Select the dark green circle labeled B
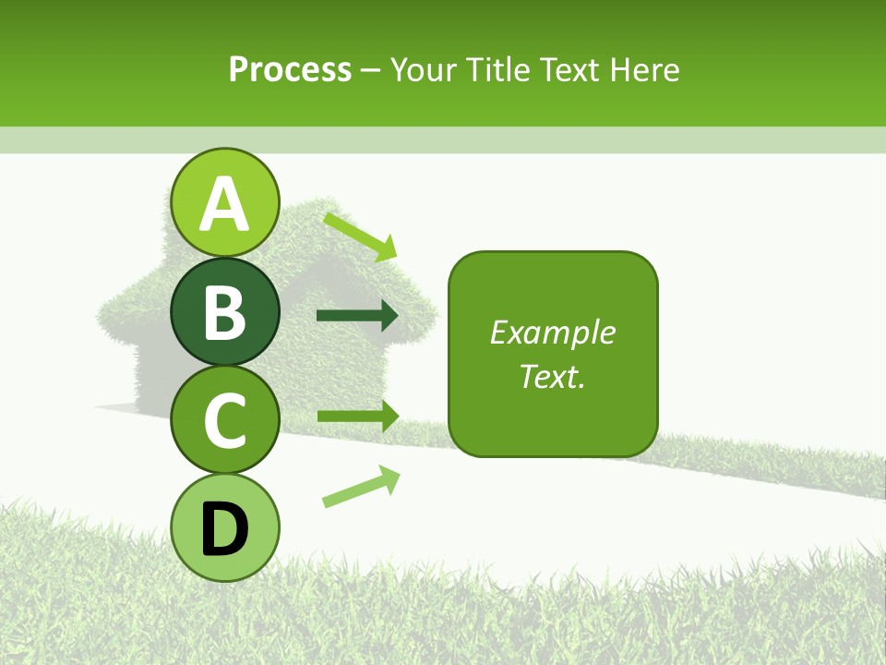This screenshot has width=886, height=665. (225, 311)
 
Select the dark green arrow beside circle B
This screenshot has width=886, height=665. (357, 316)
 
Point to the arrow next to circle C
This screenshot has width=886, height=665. (357, 417)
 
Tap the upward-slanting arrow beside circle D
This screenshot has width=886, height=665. (361, 486)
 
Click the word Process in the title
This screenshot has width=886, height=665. (290, 69)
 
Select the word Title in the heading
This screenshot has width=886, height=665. (499, 69)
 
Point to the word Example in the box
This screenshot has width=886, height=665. (553, 332)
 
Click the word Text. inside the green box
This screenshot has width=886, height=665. (553, 376)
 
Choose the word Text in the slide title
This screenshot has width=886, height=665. (569, 69)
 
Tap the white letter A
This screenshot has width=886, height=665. (225, 205)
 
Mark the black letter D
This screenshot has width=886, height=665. (225, 530)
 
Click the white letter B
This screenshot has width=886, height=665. (225, 313)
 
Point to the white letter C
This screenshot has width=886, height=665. (225, 420)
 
